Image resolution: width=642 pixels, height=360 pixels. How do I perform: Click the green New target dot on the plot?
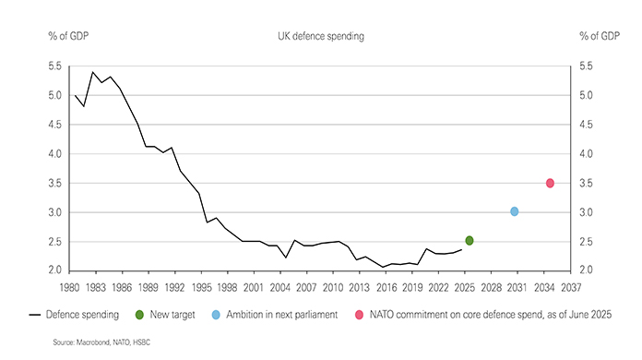coord(470,240)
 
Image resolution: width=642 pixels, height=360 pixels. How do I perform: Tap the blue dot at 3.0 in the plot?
coord(515,212)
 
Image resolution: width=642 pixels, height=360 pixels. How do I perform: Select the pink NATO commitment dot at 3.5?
coord(550,183)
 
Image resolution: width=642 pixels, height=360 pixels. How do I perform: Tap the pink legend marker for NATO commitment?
coord(359,315)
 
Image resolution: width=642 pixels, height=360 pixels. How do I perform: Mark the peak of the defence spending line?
coord(92,72)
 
